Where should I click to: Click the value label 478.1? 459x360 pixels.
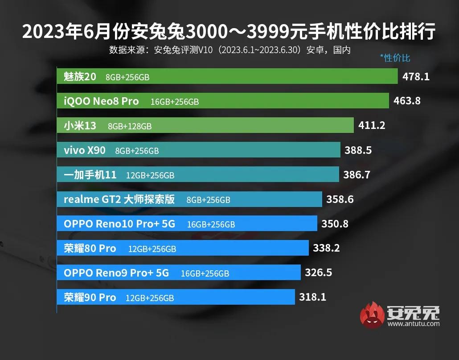[416, 77]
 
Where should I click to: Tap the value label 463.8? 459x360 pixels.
[407, 101]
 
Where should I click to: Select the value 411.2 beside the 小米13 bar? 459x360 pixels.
[372, 126]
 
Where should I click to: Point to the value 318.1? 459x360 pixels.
[312, 297]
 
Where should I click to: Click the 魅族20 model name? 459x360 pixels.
[80, 77]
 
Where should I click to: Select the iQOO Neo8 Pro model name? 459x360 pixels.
[101, 101]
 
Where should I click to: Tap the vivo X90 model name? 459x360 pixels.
[85, 150]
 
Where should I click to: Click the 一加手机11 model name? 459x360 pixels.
[90, 175]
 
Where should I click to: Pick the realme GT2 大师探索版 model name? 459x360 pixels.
[119, 199]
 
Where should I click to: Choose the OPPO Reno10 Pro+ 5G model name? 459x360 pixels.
[119, 224]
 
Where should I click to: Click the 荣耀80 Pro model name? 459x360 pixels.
[90, 248]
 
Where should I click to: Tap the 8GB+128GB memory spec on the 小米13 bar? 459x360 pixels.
[130, 126]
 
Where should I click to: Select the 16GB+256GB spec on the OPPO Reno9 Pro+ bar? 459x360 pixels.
[205, 273]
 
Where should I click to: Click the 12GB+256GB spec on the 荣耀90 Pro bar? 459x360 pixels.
[150, 298]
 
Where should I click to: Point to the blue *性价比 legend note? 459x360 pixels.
[395, 58]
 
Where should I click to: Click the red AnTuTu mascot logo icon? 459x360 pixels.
[372, 315]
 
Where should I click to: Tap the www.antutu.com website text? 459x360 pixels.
[414, 324]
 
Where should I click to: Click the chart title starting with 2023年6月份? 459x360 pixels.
[229, 32]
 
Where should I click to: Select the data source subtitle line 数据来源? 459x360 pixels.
[229, 50]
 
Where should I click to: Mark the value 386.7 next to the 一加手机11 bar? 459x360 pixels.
[357, 175]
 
